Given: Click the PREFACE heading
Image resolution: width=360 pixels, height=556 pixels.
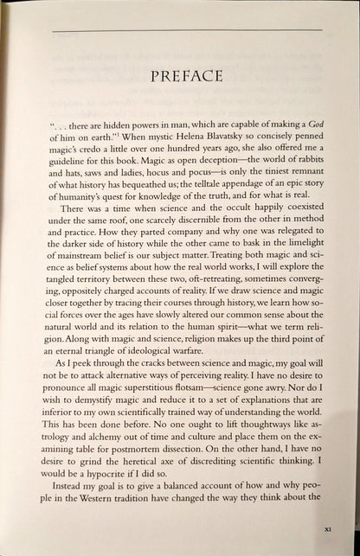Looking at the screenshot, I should (179, 75).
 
